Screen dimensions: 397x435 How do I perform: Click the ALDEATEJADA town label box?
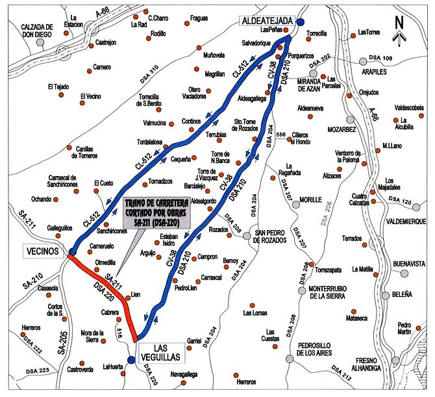pyautogui.click(x=268, y=21)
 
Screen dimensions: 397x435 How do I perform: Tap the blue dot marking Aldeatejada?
pyautogui.click(x=301, y=21)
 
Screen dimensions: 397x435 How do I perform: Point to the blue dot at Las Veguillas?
pyautogui.click(x=131, y=359)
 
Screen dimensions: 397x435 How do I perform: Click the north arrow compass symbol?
pyautogui.click(x=400, y=28)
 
